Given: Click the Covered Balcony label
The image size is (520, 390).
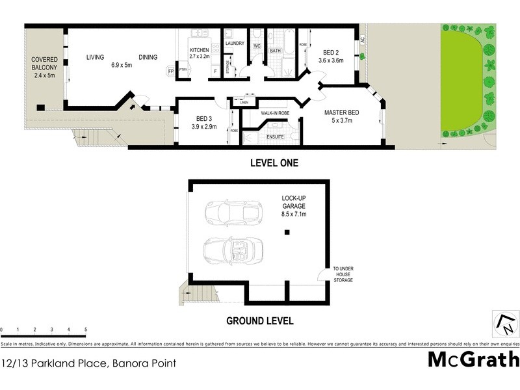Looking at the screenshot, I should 45,67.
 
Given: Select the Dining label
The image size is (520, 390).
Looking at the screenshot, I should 148,57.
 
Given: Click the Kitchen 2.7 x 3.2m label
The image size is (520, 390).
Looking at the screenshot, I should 199,53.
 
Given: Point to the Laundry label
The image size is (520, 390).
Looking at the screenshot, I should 234,44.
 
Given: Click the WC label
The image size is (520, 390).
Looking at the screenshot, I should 257,46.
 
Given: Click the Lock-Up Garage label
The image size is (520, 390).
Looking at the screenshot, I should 294,205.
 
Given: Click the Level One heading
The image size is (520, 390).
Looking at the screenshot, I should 274,163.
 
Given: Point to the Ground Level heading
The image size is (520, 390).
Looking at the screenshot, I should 259,320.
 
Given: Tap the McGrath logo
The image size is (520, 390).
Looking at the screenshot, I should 474,359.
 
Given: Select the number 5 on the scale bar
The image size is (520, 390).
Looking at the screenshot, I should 86,330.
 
